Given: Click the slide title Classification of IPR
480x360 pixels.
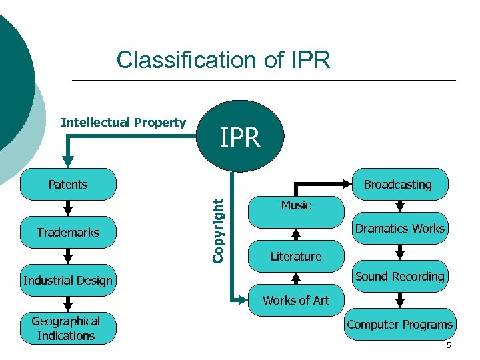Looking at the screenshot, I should [223, 60].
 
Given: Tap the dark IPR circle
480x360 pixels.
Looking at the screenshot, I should [241, 137].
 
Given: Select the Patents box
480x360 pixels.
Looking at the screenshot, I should [68, 185].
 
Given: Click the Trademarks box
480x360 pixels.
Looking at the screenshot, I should [68, 233].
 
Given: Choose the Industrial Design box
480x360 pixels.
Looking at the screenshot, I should [68, 281].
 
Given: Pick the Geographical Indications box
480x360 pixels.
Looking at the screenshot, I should [66, 329].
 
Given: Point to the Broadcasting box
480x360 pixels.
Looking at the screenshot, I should [398, 185].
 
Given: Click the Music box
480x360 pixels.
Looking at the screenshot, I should [296, 205].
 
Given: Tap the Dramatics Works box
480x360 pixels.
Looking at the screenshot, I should [400, 229].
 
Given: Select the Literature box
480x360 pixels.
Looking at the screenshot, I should [296, 257].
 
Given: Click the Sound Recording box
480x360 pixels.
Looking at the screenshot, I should [400, 277].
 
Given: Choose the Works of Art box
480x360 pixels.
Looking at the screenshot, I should [296, 301].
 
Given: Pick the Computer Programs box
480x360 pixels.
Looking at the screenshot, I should [400, 325].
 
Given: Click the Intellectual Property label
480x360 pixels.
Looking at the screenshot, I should [123, 123].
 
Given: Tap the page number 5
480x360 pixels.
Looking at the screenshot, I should [449, 345].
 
